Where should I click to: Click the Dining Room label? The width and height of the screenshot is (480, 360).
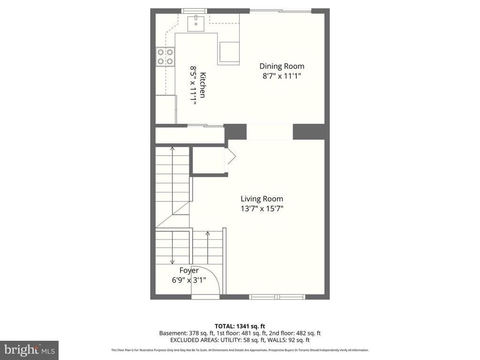click(x=282, y=66)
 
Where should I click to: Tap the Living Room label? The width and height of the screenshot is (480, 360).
click(x=262, y=199)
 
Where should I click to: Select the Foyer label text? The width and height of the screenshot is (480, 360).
click(x=189, y=270)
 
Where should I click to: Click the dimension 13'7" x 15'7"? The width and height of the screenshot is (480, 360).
click(x=262, y=209)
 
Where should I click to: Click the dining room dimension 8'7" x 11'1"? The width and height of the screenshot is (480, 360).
click(x=282, y=76)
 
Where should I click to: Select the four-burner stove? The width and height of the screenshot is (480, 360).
click(x=165, y=57)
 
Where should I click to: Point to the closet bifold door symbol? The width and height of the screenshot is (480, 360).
click(x=231, y=157)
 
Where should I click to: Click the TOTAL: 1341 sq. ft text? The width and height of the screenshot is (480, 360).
click(x=240, y=326)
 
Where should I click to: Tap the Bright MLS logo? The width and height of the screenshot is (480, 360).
click(x=29, y=350)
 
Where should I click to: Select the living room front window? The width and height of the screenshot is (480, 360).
click(x=277, y=296)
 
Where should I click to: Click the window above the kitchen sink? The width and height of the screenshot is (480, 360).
click(x=194, y=11)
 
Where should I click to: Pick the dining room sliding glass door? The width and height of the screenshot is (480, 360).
click(x=280, y=11)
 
